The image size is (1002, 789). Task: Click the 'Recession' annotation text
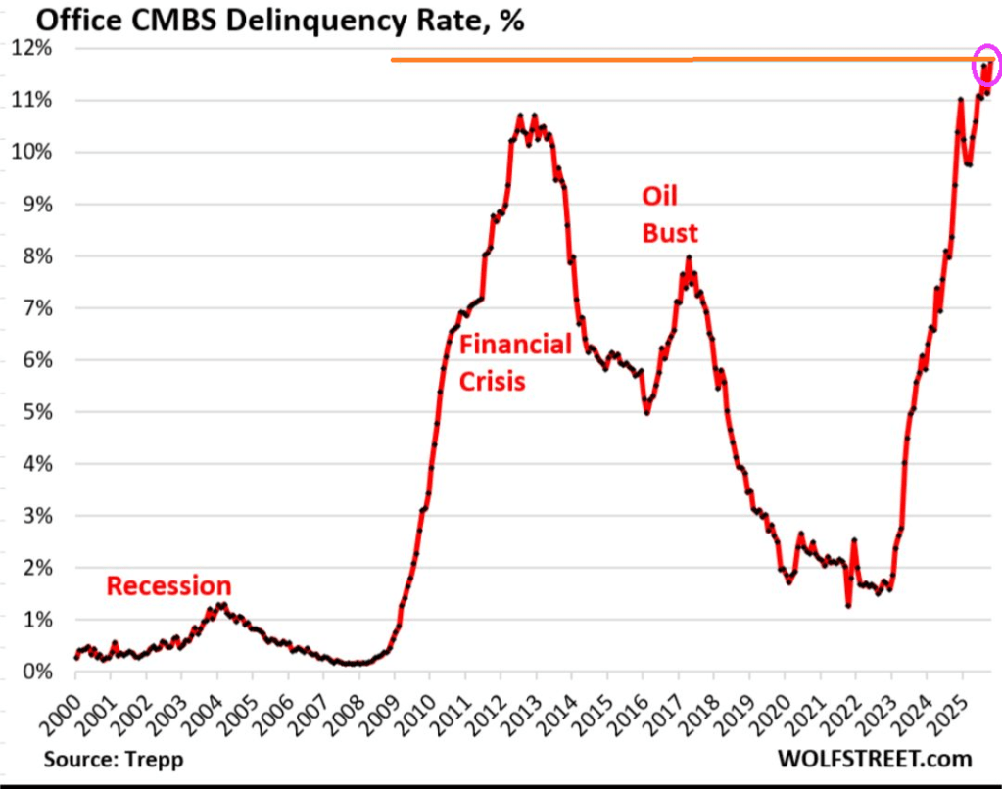[168, 586]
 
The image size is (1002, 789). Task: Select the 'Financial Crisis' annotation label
[514, 361]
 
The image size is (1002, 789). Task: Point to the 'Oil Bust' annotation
[670, 214]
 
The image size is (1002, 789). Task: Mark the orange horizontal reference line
[686, 60]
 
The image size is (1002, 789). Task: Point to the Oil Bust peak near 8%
[689, 258]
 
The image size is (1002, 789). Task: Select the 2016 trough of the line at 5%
[646, 412]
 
